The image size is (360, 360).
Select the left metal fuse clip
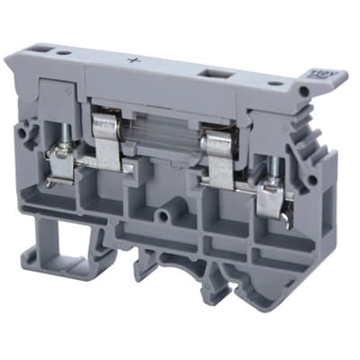coord(107,135)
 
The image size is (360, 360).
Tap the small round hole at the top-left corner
coord(62,53)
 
